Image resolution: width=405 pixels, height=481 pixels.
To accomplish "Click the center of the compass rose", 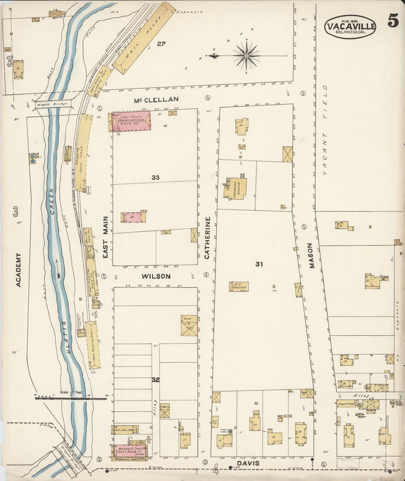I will point(246,56).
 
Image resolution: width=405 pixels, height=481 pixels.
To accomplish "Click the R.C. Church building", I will point(239,287).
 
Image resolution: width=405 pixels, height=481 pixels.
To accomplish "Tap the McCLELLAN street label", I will point(156,99).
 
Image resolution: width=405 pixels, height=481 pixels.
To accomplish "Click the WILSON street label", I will point(156,276).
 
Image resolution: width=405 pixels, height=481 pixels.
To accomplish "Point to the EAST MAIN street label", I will point(105,237).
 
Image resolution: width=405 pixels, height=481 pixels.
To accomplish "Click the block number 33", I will point(156,177).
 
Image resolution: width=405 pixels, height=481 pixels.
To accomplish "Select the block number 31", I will point(259,264).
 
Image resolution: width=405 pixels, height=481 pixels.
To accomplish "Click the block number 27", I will point(161,44).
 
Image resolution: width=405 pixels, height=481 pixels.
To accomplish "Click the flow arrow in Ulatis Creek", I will point(58,269).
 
